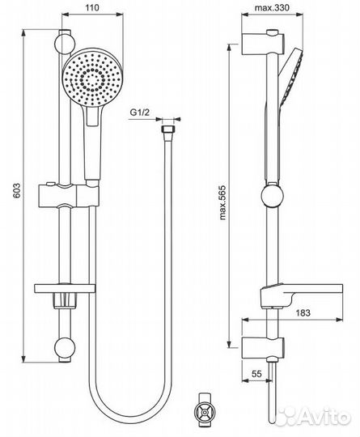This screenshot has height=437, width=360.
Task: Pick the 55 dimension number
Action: tap(258, 375)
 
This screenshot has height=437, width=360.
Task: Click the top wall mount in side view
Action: tap(262, 41)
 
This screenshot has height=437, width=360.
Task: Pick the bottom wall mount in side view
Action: tap(260, 349)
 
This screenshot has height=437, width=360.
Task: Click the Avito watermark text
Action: tap(323, 418)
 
